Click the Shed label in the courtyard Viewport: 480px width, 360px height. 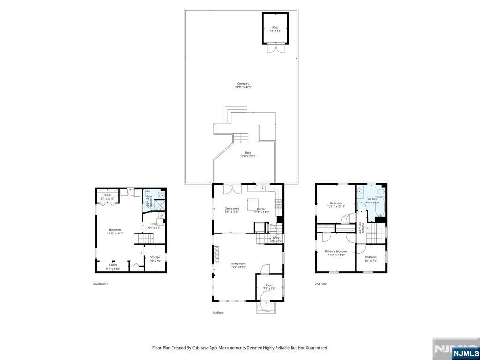[x=275, y=28]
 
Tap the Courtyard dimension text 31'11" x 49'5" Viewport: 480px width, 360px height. [x=243, y=87]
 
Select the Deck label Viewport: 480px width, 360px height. [x=248, y=153]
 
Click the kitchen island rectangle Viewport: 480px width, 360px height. [x=254, y=202]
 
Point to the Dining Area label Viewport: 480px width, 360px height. [x=232, y=209]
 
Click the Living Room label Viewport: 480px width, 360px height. [x=238, y=263]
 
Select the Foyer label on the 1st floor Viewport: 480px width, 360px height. [x=270, y=285]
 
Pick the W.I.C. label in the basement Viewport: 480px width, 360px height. [x=107, y=195]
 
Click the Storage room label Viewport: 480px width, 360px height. [x=155, y=257]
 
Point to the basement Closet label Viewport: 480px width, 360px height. [x=113, y=265]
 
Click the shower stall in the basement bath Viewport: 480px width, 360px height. [x=160, y=205]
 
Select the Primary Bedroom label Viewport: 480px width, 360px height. [x=336, y=251]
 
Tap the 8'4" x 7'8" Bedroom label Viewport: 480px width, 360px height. [x=371, y=257]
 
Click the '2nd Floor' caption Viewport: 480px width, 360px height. [x=321, y=284]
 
